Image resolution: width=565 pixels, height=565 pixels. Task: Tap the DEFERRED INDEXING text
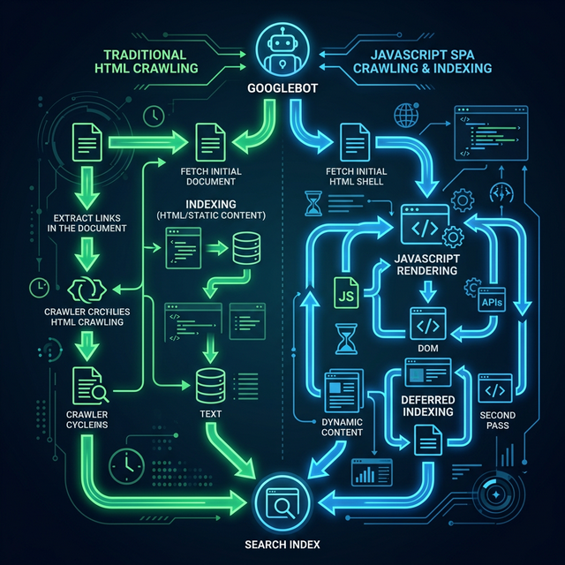tap(423, 405)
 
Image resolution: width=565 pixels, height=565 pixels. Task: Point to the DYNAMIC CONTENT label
tap(343, 426)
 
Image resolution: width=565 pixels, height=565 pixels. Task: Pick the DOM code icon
tap(426, 325)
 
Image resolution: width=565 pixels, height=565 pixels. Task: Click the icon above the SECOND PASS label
tap(494, 388)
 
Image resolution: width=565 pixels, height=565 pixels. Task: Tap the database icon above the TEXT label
tap(208, 382)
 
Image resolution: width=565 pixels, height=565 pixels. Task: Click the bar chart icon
tap(365, 473)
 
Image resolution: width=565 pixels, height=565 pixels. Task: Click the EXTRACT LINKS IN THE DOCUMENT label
tap(85, 222)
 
